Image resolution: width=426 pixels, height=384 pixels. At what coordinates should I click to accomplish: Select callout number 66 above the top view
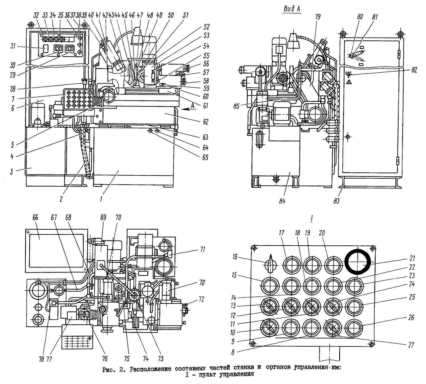tap(35, 218)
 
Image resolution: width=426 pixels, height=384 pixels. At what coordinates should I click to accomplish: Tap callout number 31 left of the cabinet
tap(13, 47)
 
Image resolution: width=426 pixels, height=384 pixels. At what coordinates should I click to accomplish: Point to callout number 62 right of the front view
tap(205, 122)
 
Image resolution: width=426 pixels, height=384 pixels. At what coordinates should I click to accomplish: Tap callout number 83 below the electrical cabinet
tap(337, 201)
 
